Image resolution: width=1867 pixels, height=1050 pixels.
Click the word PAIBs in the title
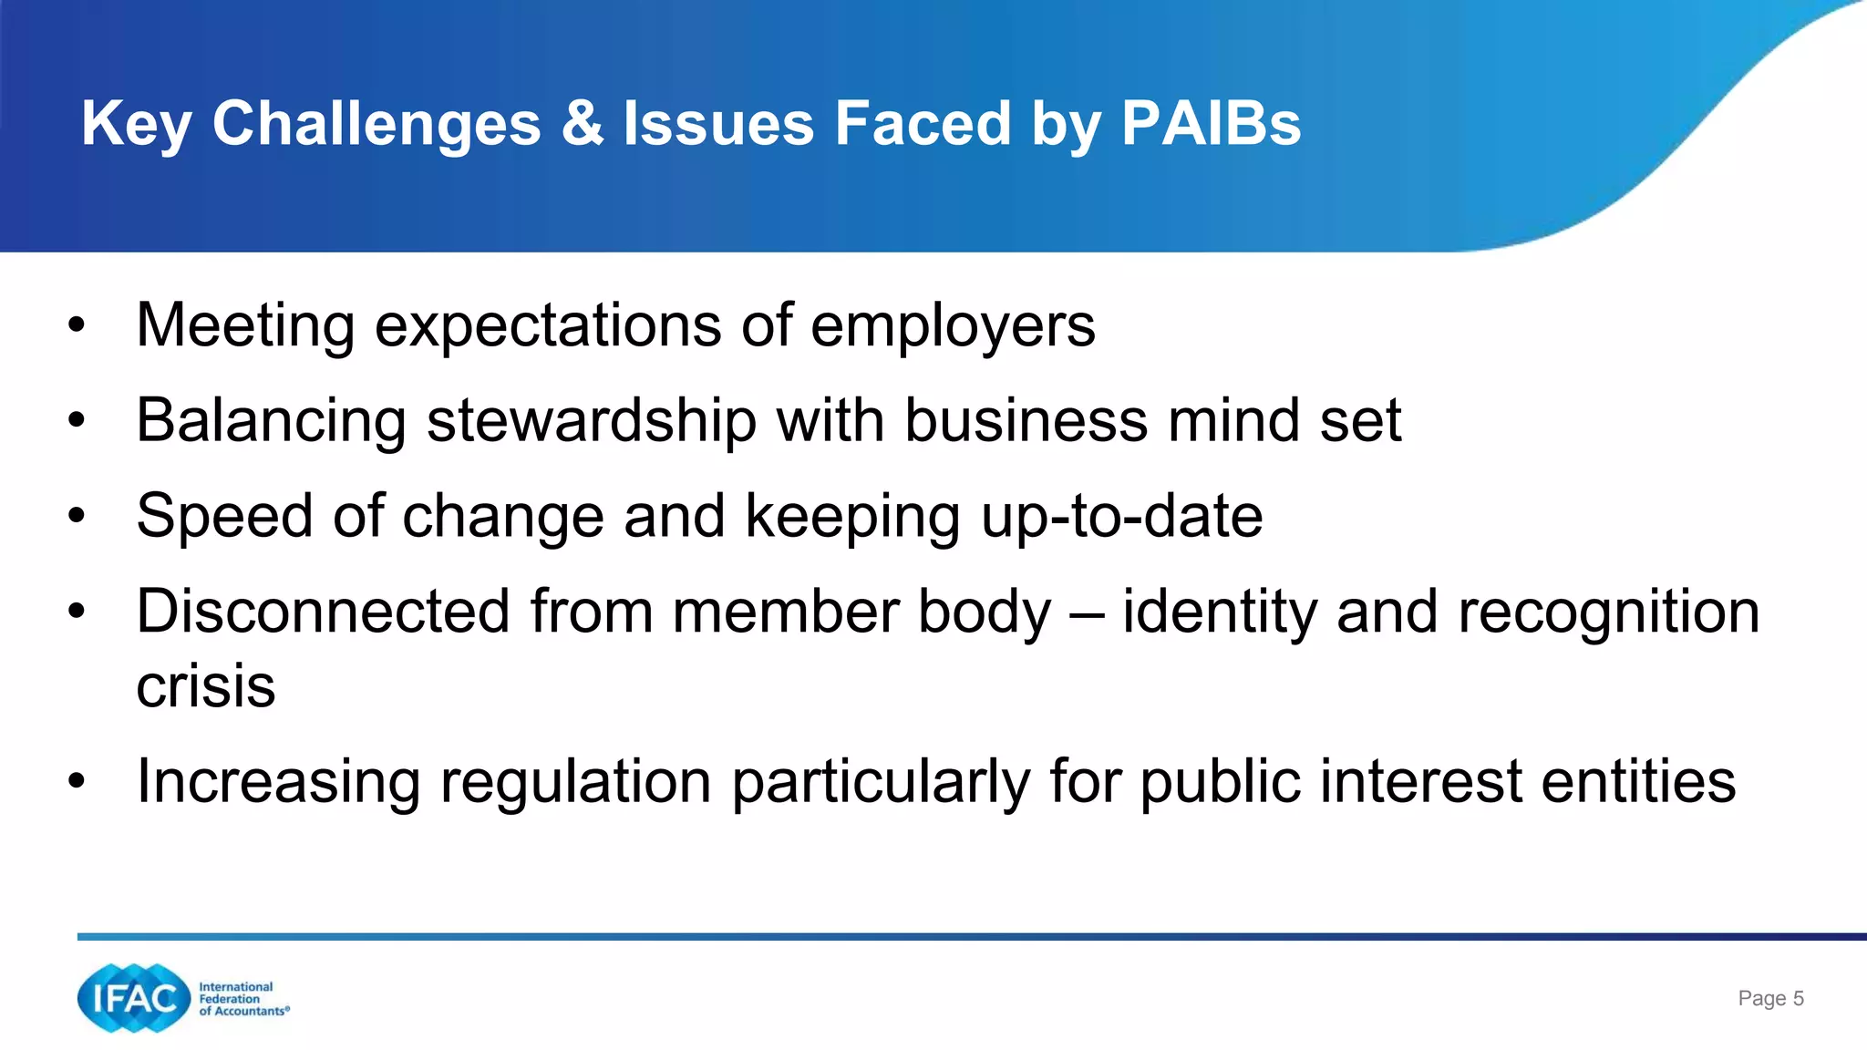pyautogui.click(x=1211, y=123)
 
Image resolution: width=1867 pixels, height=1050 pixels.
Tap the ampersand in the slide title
pyautogui.click(x=582, y=123)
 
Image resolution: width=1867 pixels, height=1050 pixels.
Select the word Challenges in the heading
pyautogui.click(x=376, y=125)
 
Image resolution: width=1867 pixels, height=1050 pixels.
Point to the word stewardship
pyautogui.click(x=592, y=421)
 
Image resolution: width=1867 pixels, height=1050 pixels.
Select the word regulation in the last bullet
pyautogui.click(x=575, y=782)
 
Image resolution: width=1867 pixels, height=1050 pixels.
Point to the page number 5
pyautogui.click(x=1798, y=998)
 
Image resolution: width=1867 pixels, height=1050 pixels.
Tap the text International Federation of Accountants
pyautogui.click(x=243, y=999)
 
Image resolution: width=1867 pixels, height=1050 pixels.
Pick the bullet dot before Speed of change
pyautogui.click(x=77, y=516)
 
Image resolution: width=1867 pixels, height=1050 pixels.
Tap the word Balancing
pyautogui.click(x=271, y=421)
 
